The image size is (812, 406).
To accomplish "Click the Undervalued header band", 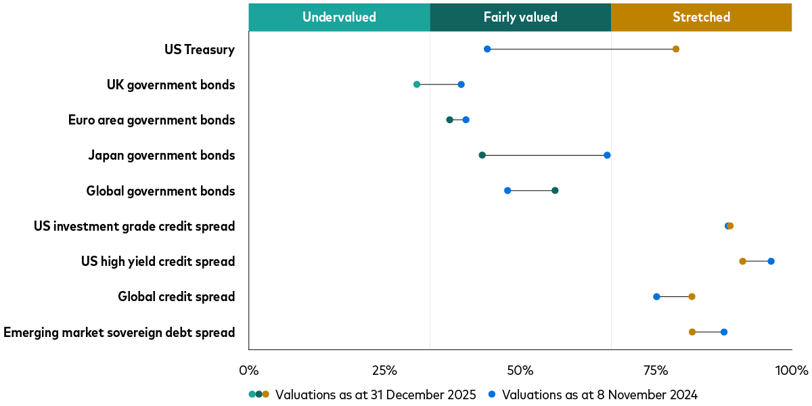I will click(x=339, y=17).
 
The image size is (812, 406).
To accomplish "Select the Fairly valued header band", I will click(x=520, y=17).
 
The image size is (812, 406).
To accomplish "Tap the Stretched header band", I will click(x=701, y=17).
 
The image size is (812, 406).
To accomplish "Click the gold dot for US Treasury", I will click(x=675, y=49).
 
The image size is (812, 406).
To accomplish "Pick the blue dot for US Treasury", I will click(x=487, y=49).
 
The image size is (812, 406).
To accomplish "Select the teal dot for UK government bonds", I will click(x=417, y=85).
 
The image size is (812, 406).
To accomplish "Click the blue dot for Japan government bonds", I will click(x=607, y=155).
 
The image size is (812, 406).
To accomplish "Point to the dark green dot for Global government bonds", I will click(x=555, y=190).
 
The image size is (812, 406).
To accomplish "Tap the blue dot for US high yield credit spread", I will click(x=771, y=261).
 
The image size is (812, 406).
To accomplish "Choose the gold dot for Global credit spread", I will click(x=692, y=296).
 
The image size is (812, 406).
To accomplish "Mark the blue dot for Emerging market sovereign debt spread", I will click(x=724, y=332).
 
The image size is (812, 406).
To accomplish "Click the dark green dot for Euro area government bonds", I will click(x=449, y=120).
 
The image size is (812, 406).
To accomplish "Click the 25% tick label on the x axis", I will click(x=384, y=371).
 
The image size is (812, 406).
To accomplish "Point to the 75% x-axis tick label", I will click(x=656, y=371).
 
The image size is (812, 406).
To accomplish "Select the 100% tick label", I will click(x=791, y=371).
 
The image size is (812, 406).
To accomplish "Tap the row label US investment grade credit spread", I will click(x=134, y=226).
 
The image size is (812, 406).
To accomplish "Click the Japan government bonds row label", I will click(x=161, y=156).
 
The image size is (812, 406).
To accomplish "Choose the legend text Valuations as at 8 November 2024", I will click(x=600, y=394).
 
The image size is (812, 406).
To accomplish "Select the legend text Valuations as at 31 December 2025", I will click(x=376, y=394).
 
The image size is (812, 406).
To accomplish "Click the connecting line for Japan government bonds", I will click(x=545, y=155).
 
